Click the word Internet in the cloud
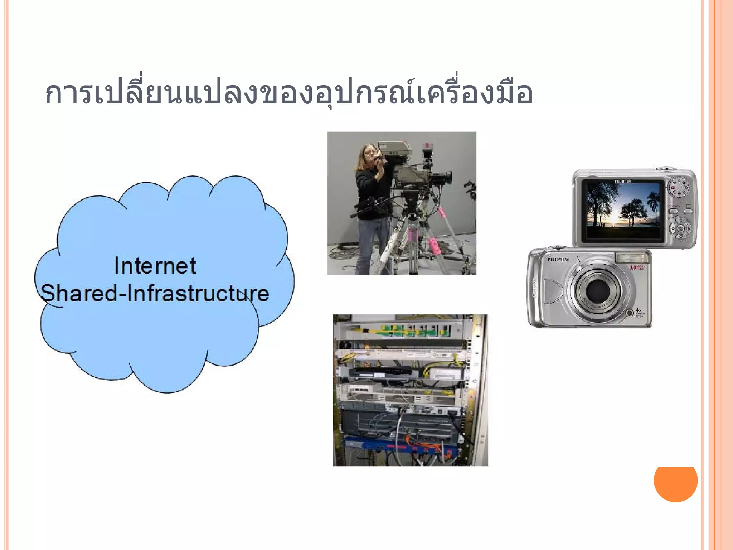tap(155, 266)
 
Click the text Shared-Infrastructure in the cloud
tap(155, 294)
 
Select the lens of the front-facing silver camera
tap(597, 290)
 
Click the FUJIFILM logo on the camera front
tap(558, 260)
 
